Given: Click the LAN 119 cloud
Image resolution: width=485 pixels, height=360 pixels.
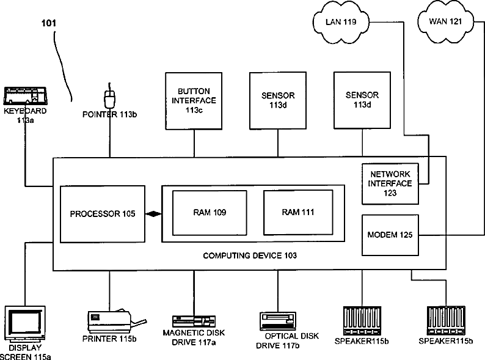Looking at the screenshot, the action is (x=341, y=21).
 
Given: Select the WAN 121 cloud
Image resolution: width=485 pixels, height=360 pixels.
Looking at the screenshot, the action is (x=445, y=21).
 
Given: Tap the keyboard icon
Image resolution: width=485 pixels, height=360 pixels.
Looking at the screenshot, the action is (x=25, y=96).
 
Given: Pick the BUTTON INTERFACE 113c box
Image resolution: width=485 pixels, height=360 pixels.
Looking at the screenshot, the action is (x=194, y=101).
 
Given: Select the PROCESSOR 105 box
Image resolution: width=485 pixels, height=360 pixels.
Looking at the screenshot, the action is (x=103, y=214).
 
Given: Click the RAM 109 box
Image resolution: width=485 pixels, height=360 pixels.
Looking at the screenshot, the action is (x=210, y=213).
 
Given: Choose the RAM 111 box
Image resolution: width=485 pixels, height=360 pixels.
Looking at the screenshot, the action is (x=298, y=212).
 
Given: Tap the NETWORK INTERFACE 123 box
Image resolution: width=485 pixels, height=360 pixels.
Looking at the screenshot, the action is (x=390, y=184).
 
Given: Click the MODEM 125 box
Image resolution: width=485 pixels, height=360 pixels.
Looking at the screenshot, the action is (x=390, y=235).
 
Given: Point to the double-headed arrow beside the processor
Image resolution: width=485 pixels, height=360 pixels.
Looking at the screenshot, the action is (x=153, y=214).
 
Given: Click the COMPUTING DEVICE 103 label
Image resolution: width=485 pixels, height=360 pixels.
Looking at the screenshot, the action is (x=250, y=255).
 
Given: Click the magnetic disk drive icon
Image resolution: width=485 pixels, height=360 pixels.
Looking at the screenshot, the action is (x=194, y=321).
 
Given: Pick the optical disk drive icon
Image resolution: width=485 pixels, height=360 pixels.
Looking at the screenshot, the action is (x=278, y=321).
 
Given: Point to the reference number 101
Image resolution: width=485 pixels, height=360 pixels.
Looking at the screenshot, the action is (x=49, y=23).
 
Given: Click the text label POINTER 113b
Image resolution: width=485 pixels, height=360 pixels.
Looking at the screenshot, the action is (x=109, y=114).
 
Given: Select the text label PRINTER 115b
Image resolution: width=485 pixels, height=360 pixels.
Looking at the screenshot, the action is (x=109, y=339).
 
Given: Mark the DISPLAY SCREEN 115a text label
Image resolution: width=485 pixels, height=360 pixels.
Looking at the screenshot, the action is (x=26, y=352).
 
